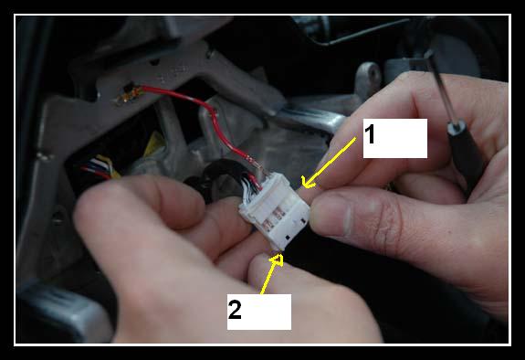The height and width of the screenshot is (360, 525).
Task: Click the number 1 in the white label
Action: [369, 133]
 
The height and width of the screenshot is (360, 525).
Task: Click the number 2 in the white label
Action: [235, 309]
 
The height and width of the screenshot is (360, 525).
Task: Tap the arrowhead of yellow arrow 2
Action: [277, 259]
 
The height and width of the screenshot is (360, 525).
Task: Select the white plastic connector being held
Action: [275, 212]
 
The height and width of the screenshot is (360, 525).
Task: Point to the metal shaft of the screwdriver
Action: [439, 88]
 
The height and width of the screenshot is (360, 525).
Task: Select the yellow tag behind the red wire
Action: [154, 143]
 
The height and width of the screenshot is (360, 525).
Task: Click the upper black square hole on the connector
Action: [304, 220]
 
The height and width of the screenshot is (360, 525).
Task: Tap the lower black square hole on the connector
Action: [288, 238]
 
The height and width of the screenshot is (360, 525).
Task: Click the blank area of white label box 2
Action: [268, 312]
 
